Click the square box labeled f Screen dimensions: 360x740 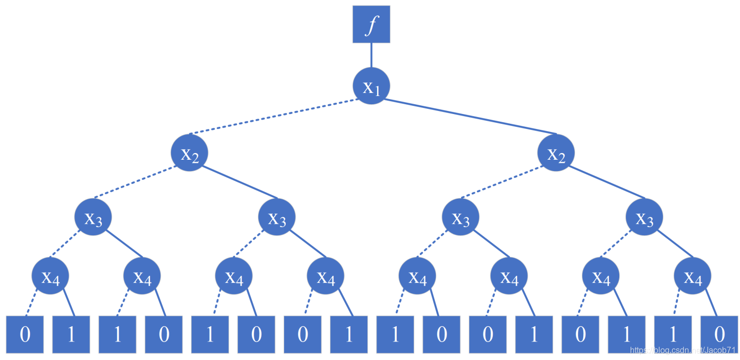pyautogui.click(x=371, y=24)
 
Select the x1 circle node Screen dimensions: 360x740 pyautogui.click(x=371, y=86)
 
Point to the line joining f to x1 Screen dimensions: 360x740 pyautogui.click(x=371, y=55)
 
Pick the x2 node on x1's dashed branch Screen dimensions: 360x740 pyautogui.click(x=190, y=153)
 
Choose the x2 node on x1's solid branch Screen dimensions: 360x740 pyautogui.click(x=556, y=153)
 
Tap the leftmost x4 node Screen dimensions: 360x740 pyautogui.click(x=50, y=276)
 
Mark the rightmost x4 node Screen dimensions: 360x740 pyautogui.click(x=692, y=276)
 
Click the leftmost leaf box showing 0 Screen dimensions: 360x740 pyautogui.click(x=25, y=334)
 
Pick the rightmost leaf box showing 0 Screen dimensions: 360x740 pyautogui.click(x=719, y=334)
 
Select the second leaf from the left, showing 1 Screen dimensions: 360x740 pyautogui.click(x=71, y=334)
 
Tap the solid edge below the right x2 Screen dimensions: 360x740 pyautogui.click(x=606, y=182)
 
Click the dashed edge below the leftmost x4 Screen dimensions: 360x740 pyautogui.click(x=32, y=303)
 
